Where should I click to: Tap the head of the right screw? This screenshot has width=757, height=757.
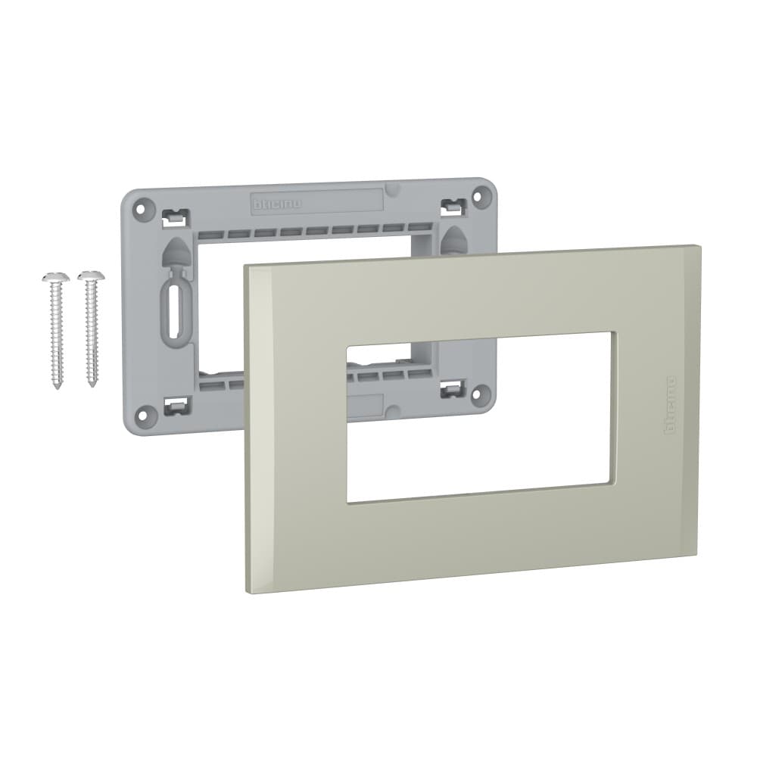coord(90,275)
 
